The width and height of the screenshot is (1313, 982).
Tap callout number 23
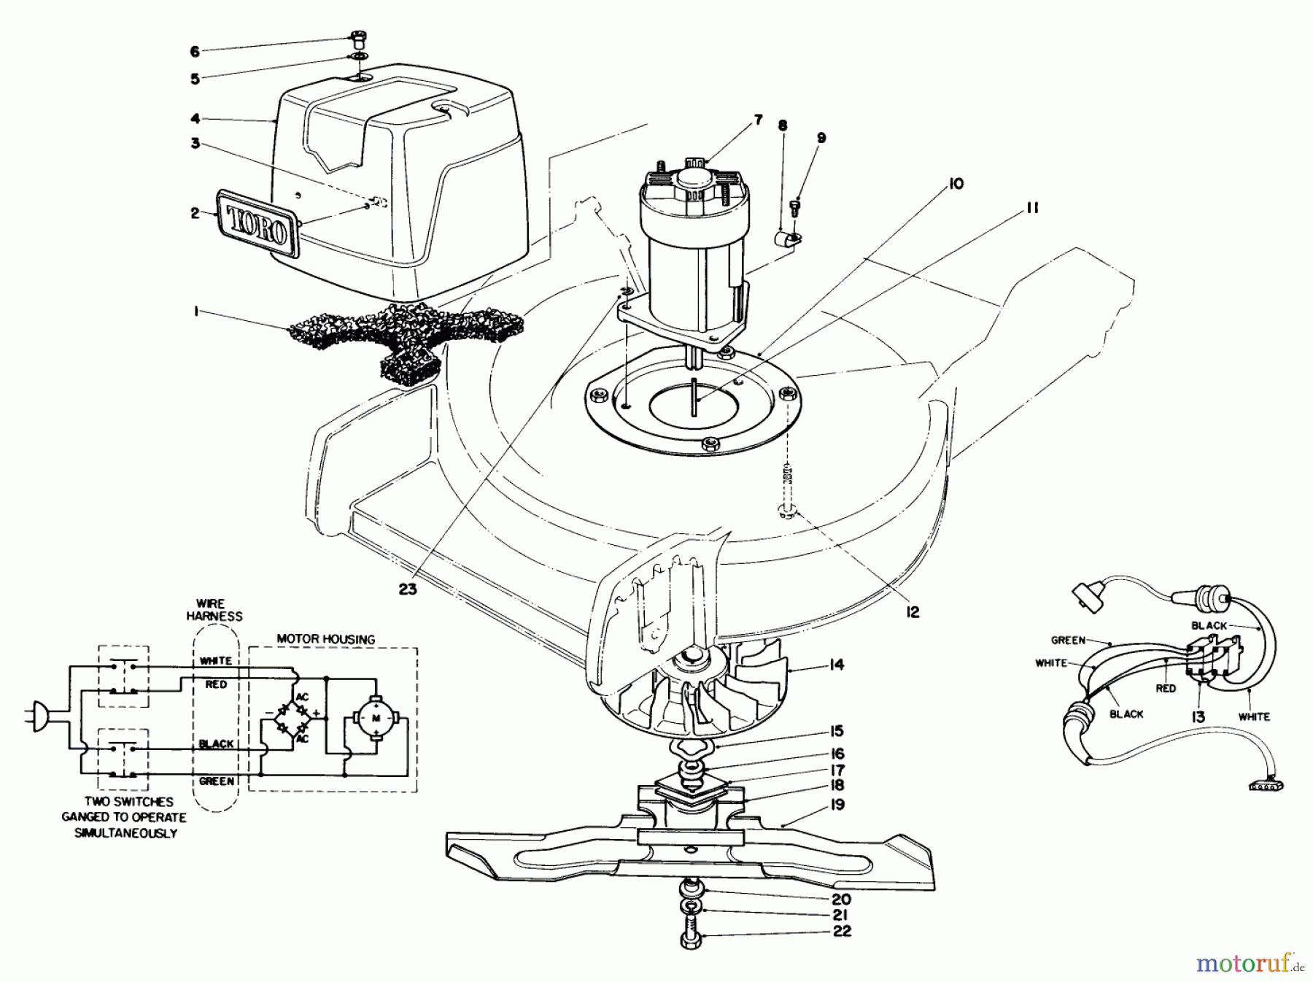coord(408,589)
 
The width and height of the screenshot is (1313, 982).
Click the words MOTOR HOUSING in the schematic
coord(326,639)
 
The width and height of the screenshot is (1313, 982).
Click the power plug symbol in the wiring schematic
coord(40,717)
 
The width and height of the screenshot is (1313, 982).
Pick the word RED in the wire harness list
coord(216,684)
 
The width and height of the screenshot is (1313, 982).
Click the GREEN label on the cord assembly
coord(1069,641)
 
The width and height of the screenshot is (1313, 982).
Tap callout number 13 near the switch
coord(1198,718)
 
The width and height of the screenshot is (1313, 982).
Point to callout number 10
coord(955,184)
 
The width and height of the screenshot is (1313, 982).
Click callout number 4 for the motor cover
coord(195,118)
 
